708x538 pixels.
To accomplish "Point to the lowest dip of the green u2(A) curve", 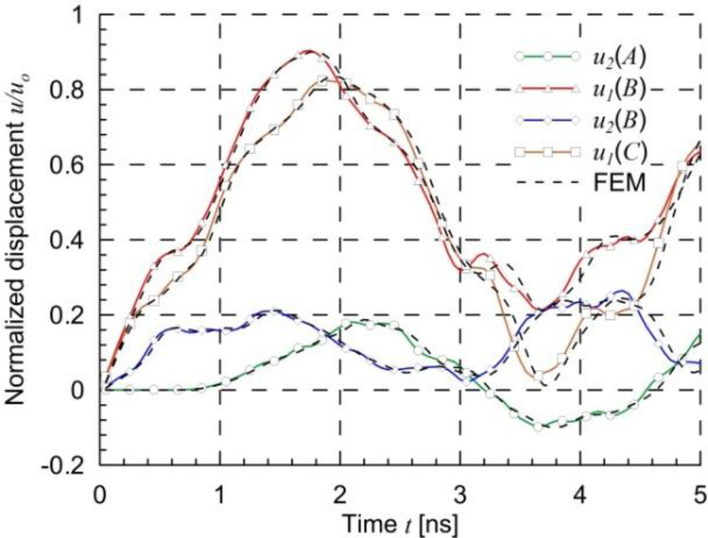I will pos(538,426).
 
